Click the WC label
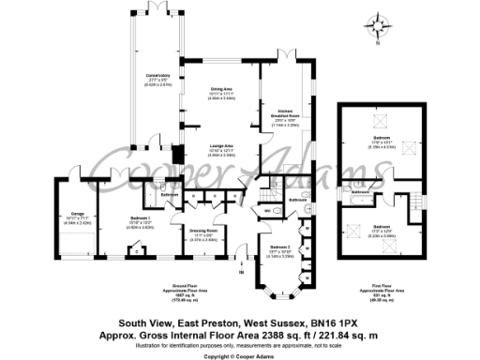tap(266, 211)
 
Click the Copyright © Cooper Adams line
tap(240, 356)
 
